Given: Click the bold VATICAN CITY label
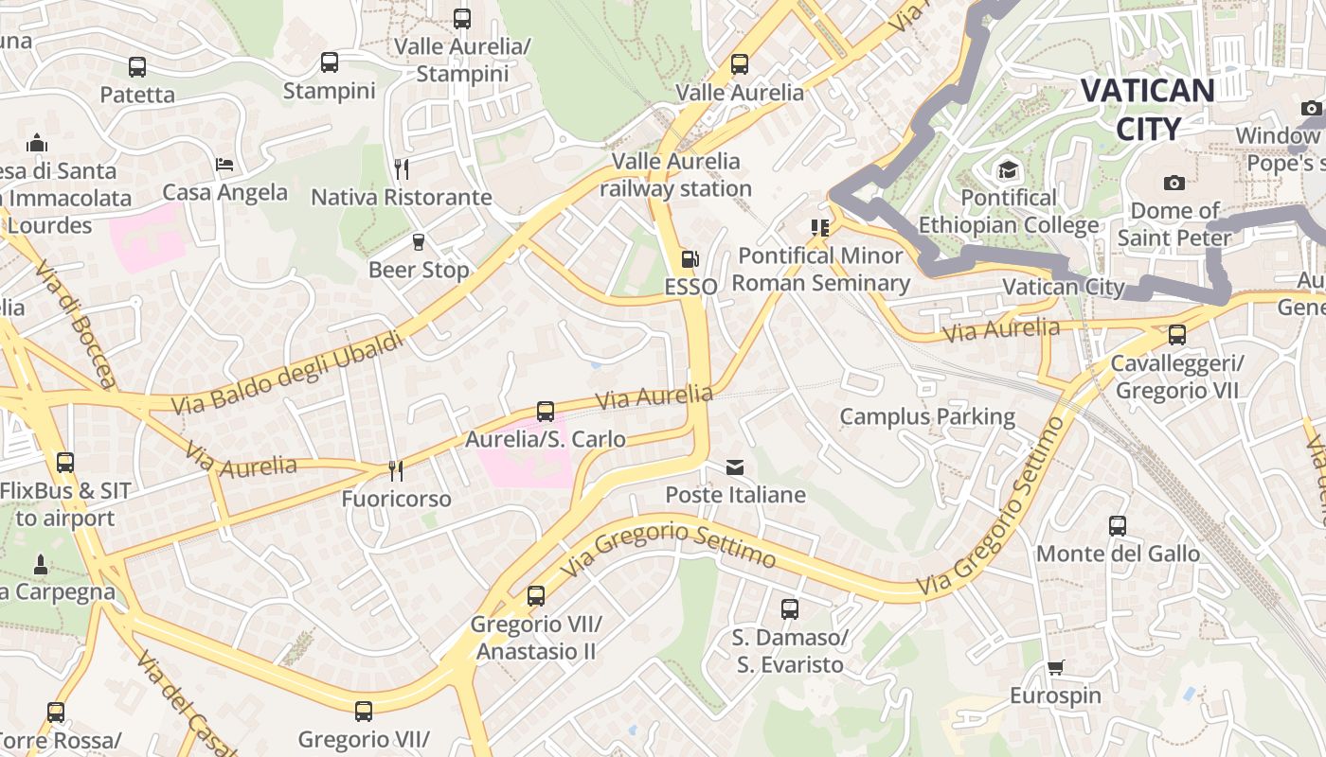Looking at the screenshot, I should pyautogui.click(x=1147, y=109).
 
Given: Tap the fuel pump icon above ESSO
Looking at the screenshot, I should pyautogui.click(x=690, y=259).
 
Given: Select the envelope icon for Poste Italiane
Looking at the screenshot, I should pyautogui.click(x=735, y=467).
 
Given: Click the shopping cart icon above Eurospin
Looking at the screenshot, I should pyautogui.click(x=1055, y=668).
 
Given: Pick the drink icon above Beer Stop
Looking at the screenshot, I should pyautogui.click(x=419, y=242).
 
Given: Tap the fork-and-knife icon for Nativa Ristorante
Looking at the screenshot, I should pyautogui.click(x=402, y=169).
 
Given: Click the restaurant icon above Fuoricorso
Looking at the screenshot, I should pyautogui.click(x=396, y=470).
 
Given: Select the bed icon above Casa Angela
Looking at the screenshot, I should pyautogui.click(x=224, y=165).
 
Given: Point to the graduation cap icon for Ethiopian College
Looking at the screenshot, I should pyautogui.click(x=1008, y=170).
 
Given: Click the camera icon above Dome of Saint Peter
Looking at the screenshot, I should pyautogui.click(x=1174, y=183).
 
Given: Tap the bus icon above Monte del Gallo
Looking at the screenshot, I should pyautogui.click(x=1118, y=525).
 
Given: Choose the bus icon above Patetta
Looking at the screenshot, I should pyautogui.click(x=137, y=67).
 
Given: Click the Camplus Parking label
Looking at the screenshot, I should pyautogui.click(x=926, y=416).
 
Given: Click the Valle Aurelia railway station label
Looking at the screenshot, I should pyautogui.click(x=675, y=175).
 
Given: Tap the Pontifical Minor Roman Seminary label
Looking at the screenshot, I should pyautogui.click(x=820, y=270).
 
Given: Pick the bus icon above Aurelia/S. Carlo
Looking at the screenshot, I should pyautogui.click(x=546, y=412).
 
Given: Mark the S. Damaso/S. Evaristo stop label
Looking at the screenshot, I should pyautogui.click(x=790, y=651).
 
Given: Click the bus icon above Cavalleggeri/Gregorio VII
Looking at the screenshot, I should pyautogui.click(x=1177, y=335).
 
